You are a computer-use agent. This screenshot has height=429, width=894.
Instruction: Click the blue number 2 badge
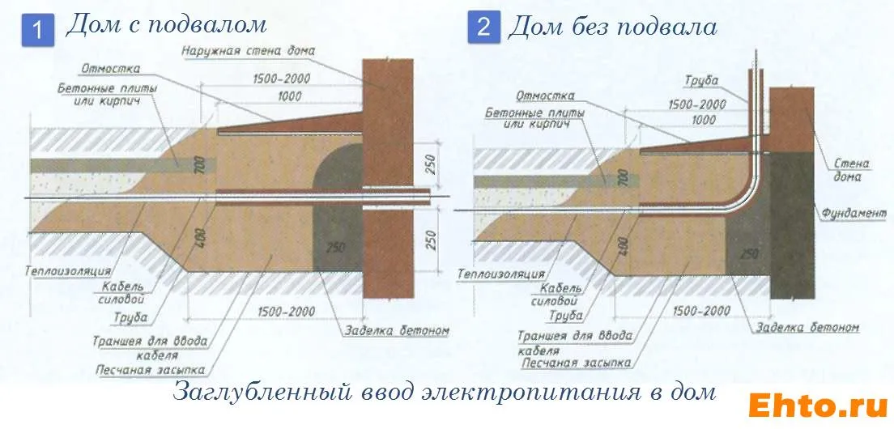point(483,28)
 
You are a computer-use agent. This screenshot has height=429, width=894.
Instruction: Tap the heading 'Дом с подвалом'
point(165,25)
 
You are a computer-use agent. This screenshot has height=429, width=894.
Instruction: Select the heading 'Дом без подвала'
point(612,27)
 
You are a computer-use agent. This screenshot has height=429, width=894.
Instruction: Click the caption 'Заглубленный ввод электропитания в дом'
point(445,393)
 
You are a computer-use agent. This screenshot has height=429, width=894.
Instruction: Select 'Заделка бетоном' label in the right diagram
point(806,328)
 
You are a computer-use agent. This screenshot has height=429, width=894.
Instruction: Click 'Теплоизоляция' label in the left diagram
point(69,271)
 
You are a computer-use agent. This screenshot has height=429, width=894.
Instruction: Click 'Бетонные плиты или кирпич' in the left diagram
point(107,93)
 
